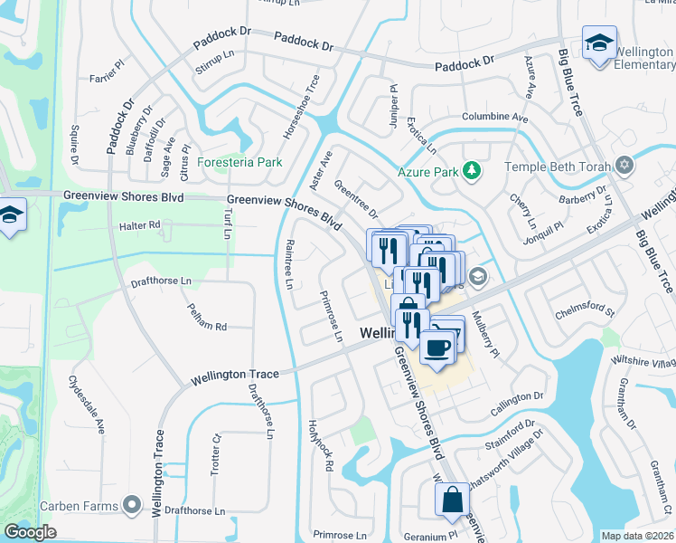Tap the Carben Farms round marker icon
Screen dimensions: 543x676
[134, 504]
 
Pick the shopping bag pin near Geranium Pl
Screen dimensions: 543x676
[451, 500]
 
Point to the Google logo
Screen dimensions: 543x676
[31, 532]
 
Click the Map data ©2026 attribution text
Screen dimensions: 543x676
[637, 536]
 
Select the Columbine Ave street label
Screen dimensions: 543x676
[494, 118]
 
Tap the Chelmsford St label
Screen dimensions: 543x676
[585, 312]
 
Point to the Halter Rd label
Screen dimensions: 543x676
[139, 224]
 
